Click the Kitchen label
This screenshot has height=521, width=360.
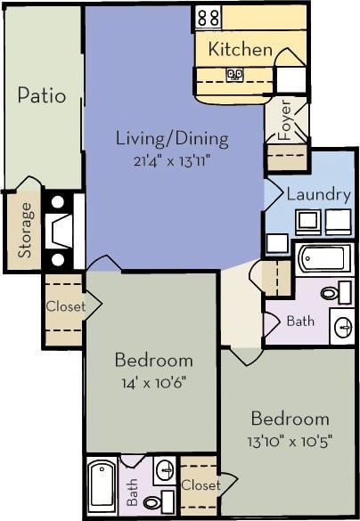[x=240, y=50]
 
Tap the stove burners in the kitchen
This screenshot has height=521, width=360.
[x=208, y=16]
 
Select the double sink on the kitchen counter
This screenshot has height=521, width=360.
[x=235, y=76]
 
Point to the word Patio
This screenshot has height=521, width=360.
[x=41, y=95]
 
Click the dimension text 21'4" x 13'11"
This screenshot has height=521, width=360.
[x=172, y=161]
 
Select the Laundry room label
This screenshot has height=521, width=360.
[x=317, y=193]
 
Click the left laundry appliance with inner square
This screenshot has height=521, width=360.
[x=308, y=220]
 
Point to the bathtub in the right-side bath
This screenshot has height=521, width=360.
[x=323, y=259]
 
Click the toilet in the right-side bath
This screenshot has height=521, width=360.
[x=331, y=291]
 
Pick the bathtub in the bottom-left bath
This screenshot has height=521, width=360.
[x=102, y=488]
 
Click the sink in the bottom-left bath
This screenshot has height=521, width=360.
[x=164, y=469]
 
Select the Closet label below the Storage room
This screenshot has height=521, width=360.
[x=65, y=306]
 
